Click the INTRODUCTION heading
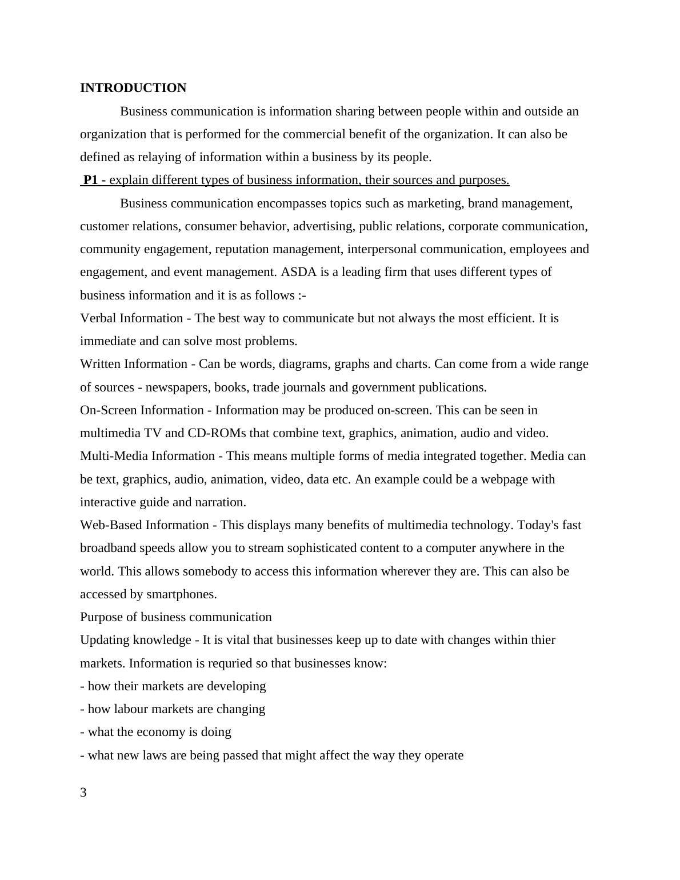[x=133, y=88]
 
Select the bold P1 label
[x=91, y=180]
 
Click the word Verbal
[x=98, y=318]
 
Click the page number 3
[x=83, y=793]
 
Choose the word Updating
[x=105, y=640]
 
